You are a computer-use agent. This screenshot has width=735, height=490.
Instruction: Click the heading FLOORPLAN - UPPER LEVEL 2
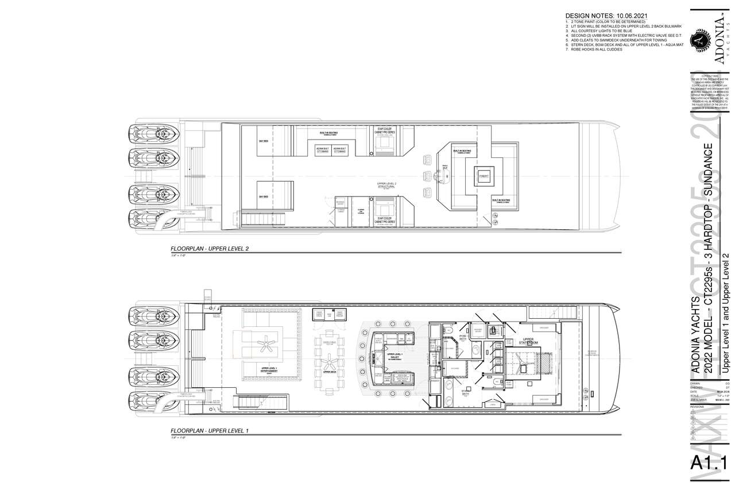pos(211,249)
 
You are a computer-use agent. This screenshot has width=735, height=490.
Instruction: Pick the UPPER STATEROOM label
pos(528,341)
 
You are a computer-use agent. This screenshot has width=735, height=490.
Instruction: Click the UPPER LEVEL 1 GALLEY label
pos(396,355)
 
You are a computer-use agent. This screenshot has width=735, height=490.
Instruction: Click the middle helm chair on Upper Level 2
pos(426,175)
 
